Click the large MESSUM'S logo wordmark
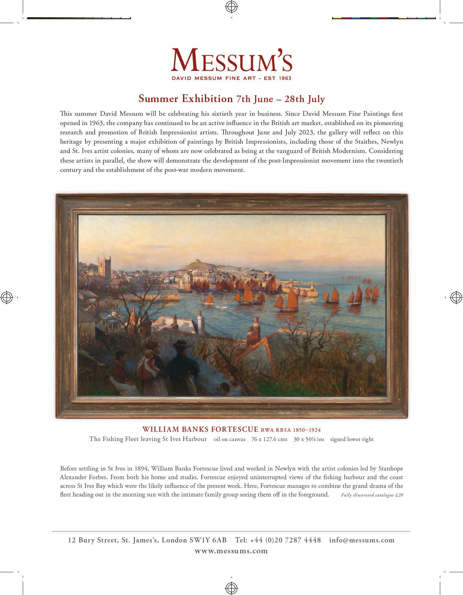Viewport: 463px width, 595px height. (231, 60)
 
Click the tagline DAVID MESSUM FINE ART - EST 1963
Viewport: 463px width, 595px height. (231, 78)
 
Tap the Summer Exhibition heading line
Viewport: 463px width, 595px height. (231, 98)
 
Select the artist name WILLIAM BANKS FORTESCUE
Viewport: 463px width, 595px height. (200, 429)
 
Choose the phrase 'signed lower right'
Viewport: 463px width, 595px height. (352, 439)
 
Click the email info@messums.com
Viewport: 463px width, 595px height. (362, 540)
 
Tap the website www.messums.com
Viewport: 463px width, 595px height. (231, 551)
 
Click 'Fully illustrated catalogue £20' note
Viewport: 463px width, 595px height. (372, 495)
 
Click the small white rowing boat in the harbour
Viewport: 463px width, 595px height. (220, 306)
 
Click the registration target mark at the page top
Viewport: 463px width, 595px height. (231, 6)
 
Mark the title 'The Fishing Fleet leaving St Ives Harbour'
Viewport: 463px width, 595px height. (148, 439)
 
